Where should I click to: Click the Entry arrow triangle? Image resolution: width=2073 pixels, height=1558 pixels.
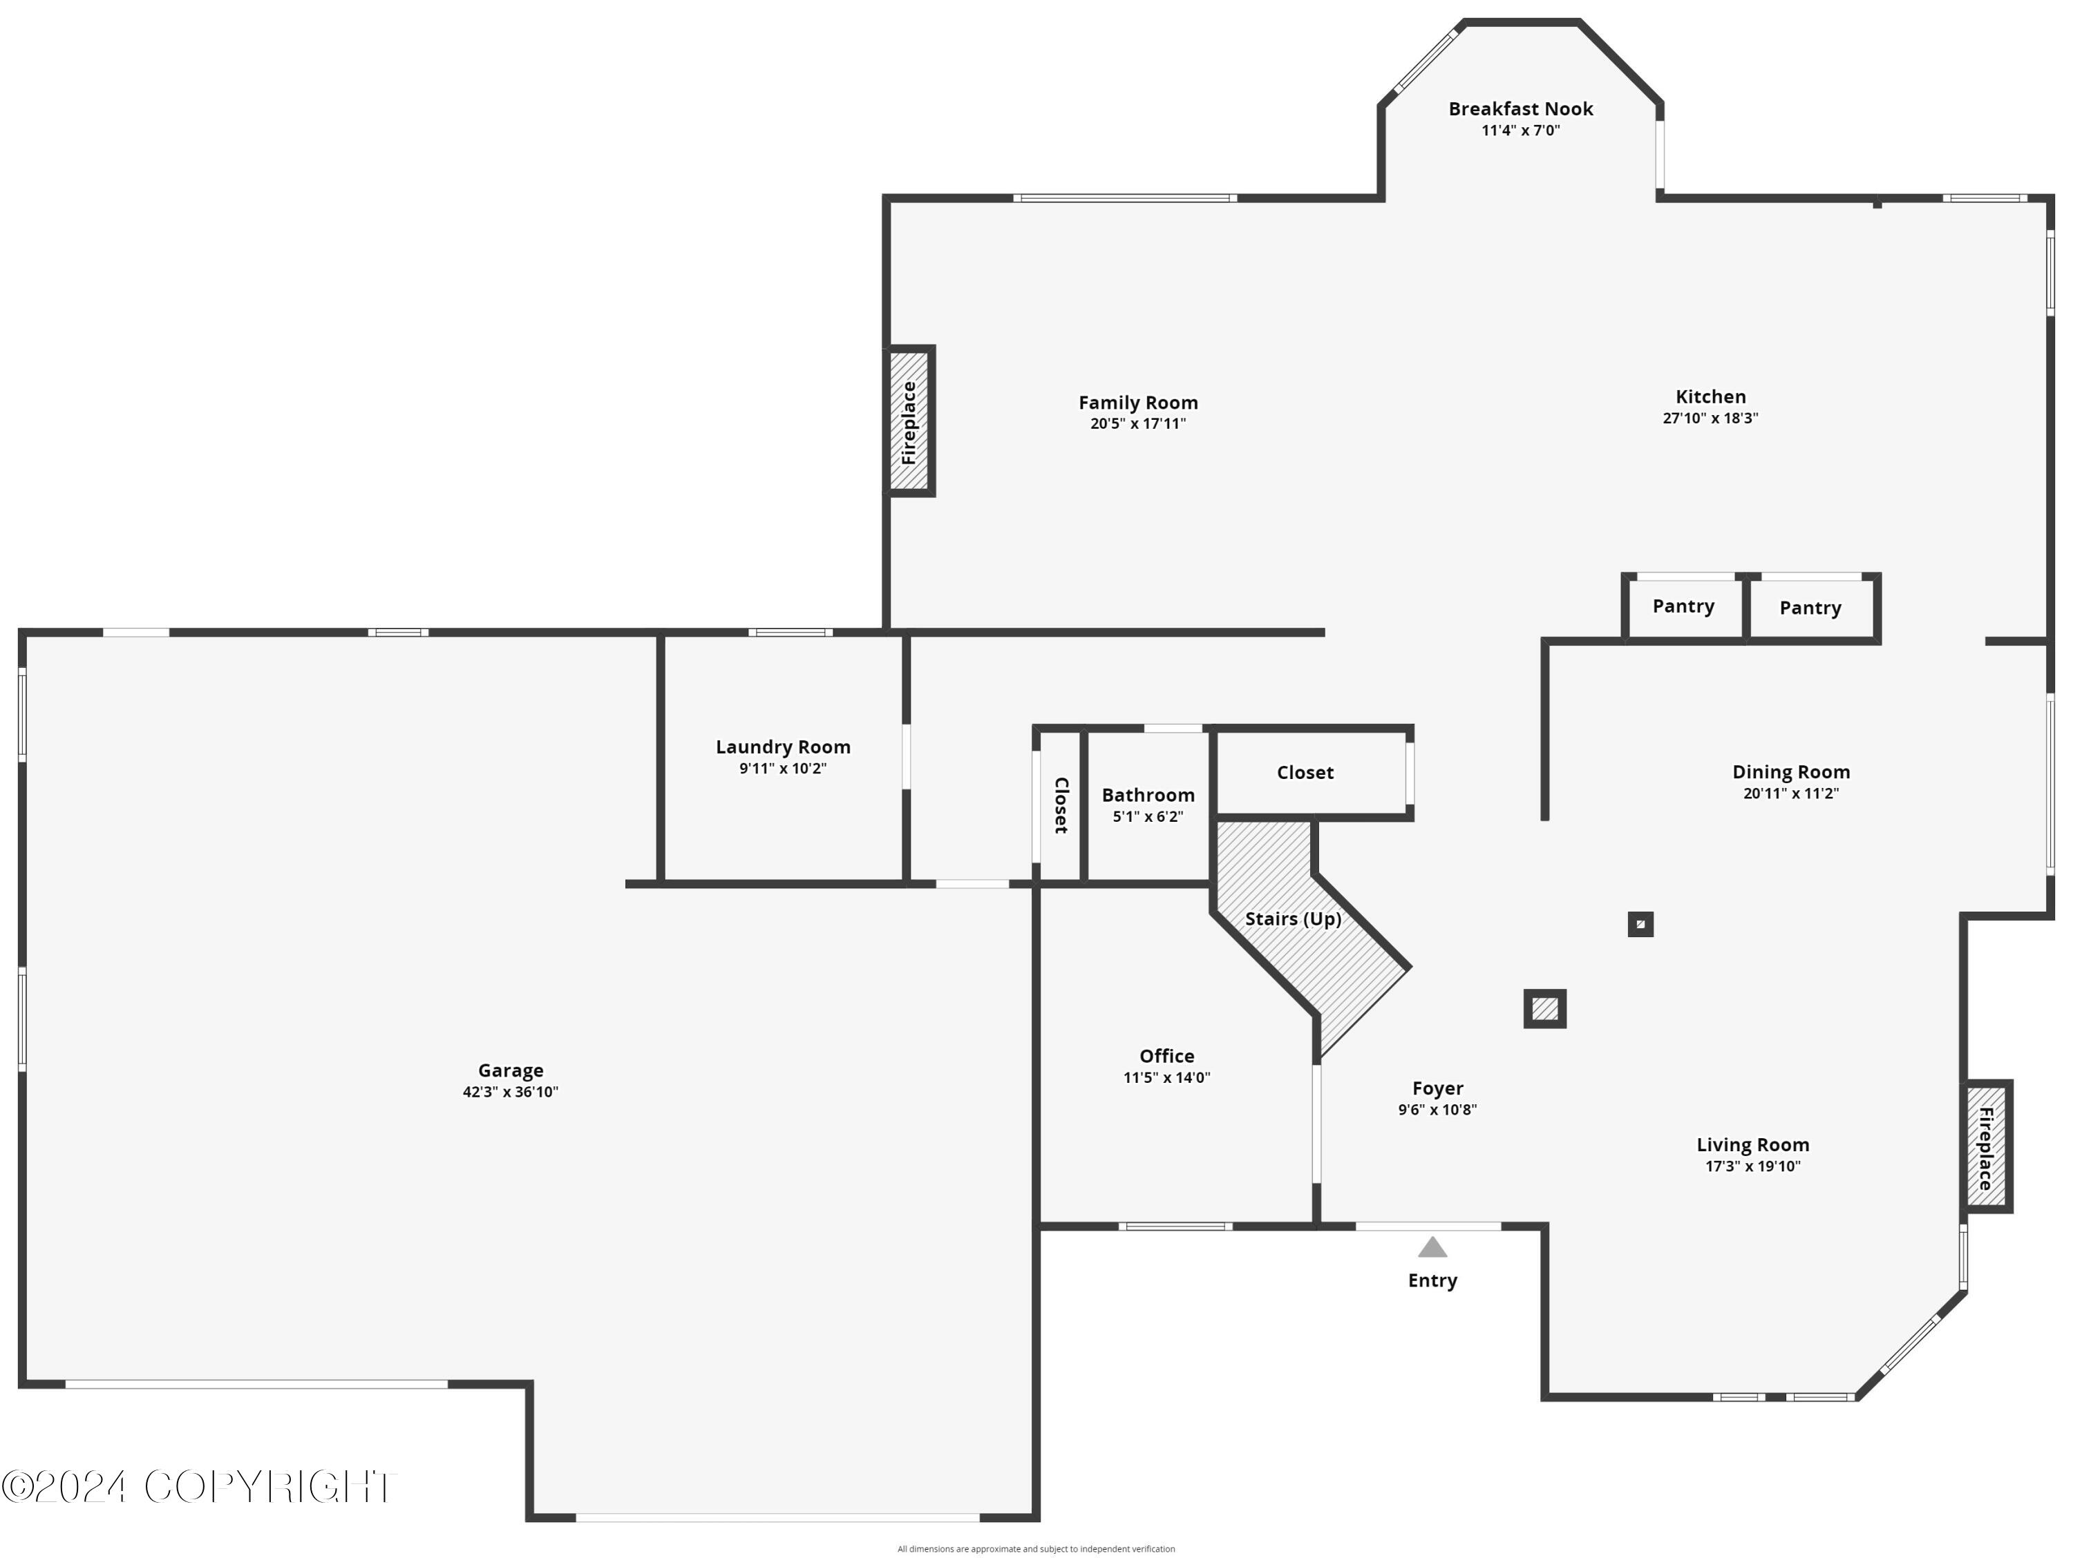click(1432, 1247)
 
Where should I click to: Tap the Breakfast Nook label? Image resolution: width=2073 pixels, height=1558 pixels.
click(1520, 108)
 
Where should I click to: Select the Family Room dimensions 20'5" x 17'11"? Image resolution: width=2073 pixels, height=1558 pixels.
click(1137, 423)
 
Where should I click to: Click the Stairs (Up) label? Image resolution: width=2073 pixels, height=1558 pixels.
click(1292, 919)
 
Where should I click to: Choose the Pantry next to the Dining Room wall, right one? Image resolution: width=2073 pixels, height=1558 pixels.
click(1810, 608)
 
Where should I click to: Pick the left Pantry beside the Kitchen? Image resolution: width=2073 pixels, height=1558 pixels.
click(1683, 606)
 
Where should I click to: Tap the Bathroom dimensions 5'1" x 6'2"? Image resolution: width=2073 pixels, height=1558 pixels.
click(1147, 817)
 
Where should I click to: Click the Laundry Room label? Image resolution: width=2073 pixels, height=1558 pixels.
click(782, 747)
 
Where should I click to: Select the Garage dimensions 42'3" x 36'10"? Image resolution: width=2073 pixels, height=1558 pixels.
click(510, 1091)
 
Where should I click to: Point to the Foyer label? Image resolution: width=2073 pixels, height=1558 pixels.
click(1437, 1088)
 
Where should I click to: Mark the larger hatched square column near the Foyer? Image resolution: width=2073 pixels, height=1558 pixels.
click(1544, 1009)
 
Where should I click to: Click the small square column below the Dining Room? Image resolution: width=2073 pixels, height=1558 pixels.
click(1640, 925)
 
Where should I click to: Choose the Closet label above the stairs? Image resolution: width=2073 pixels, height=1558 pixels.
click(1305, 773)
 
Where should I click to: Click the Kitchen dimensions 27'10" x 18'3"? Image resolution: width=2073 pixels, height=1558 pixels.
click(1710, 418)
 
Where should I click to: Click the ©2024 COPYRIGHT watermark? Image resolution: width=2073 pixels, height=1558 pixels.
click(199, 1487)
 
